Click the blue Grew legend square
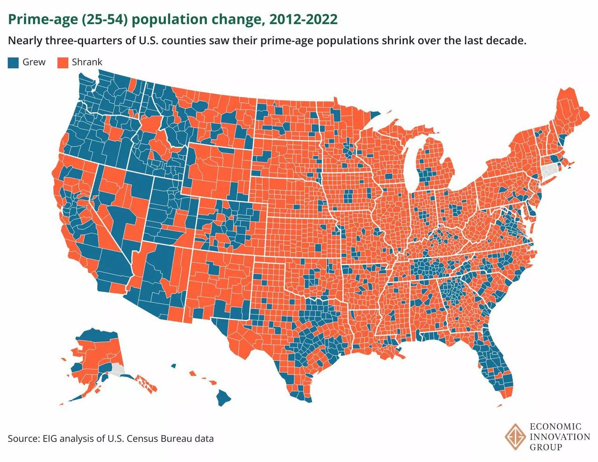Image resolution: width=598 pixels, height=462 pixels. click(x=13, y=63)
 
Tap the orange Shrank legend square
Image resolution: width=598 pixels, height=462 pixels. click(x=63, y=63)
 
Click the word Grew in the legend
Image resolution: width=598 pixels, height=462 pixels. click(x=34, y=62)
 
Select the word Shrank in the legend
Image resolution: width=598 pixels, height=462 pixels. click(x=87, y=62)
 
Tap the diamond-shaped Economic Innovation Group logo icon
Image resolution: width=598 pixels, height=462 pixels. click(x=515, y=437)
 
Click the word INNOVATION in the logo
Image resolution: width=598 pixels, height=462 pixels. click(x=560, y=437)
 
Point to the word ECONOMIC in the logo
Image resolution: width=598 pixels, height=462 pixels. click(x=555, y=426)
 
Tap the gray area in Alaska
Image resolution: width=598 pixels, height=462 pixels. click(x=117, y=370)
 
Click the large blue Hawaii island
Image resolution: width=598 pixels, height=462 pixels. click(x=224, y=398)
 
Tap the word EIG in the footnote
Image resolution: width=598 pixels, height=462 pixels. click(x=52, y=439)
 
